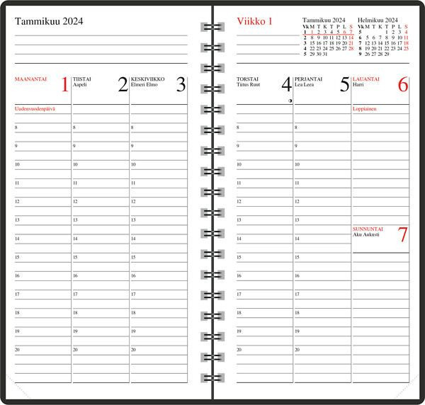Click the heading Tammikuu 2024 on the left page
(48, 21)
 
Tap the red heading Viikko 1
(254, 21)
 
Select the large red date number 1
(64, 86)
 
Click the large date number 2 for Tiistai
(123, 86)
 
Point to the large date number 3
(181, 86)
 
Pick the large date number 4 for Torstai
(286, 86)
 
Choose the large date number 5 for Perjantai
(345, 86)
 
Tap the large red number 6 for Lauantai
(402, 86)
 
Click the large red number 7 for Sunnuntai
(402, 235)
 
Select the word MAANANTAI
(30, 79)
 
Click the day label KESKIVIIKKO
(148, 79)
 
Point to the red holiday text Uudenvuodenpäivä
(35, 109)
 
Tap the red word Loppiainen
(364, 109)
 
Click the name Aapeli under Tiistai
(80, 84)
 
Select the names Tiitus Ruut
(249, 84)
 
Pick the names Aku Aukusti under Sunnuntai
(366, 234)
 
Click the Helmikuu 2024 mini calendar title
(378, 20)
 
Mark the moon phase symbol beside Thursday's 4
(290, 101)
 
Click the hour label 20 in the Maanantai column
(17, 349)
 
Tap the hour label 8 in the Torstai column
(238, 127)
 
